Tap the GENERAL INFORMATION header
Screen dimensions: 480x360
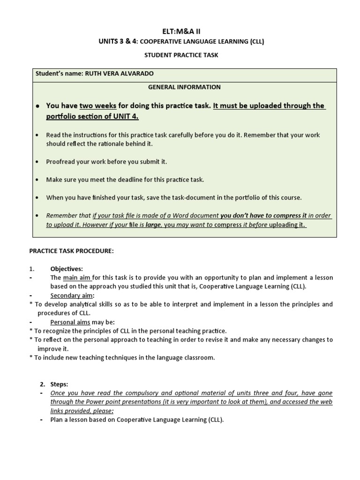coord(184,87)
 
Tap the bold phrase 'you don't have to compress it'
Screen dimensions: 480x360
coord(263,216)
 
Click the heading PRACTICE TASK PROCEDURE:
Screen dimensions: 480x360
coord(71,251)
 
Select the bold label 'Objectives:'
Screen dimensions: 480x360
coord(67,269)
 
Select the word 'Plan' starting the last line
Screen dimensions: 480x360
coord(57,420)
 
